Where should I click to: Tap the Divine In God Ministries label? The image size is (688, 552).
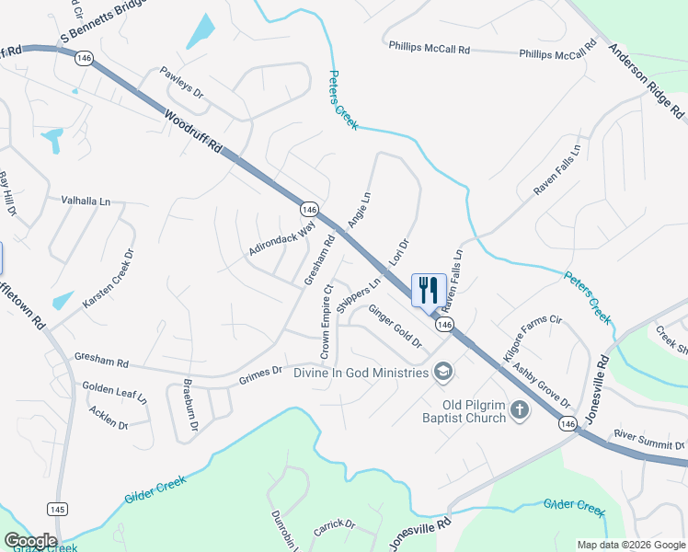pyautogui.click(x=361, y=372)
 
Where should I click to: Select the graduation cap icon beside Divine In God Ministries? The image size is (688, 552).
pyautogui.click(x=442, y=371)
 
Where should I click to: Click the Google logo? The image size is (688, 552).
pyautogui.click(x=30, y=541)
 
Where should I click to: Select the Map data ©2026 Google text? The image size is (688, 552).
pyautogui.click(x=630, y=545)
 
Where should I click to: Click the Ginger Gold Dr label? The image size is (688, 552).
pyautogui.click(x=395, y=326)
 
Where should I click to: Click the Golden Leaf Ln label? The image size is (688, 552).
pyautogui.click(x=114, y=394)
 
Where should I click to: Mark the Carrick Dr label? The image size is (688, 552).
pyautogui.click(x=333, y=525)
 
